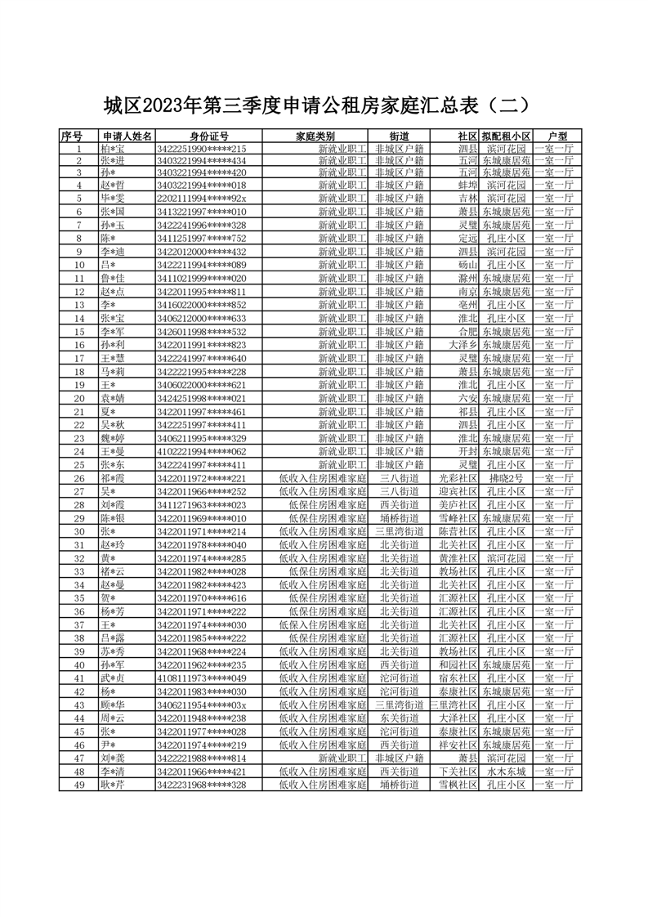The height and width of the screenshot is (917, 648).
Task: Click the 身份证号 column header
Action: pos(208,136)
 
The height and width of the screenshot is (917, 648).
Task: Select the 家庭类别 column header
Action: pos(315,136)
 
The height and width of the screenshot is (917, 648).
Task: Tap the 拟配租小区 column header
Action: pos(506,136)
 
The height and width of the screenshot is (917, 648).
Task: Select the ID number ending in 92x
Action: pos(201,198)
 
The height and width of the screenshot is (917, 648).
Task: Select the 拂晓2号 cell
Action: pos(506,478)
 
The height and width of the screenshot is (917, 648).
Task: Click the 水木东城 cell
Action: pos(506,772)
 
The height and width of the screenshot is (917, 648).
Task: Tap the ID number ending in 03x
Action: pos(201,705)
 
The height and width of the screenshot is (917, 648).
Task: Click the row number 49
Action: pos(79,785)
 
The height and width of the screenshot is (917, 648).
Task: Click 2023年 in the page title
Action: pos(172,106)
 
